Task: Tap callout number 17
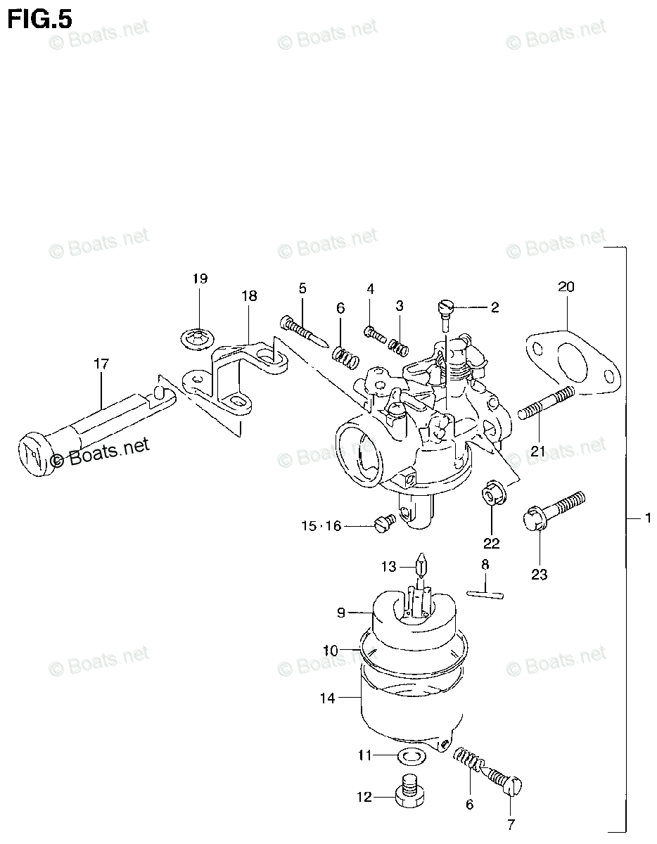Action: coord(101,364)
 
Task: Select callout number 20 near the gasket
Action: coord(566,286)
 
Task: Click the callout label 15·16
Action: coord(321,525)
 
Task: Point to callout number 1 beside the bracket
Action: coord(646,518)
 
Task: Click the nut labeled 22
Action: coord(492,494)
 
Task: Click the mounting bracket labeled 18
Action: coord(236,380)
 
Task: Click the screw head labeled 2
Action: coord(444,307)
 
